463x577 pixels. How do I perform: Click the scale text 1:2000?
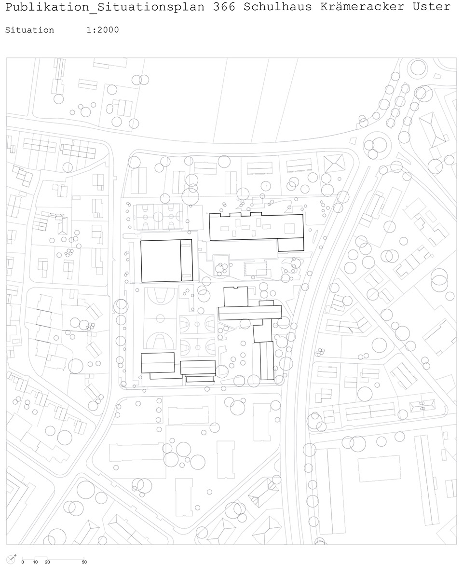point(103,30)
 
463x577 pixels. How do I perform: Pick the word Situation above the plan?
point(29,30)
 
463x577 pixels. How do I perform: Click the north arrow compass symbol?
point(12,560)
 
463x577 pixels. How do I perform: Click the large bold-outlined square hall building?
point(161,261)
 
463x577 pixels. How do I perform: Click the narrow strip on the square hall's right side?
point(187,261)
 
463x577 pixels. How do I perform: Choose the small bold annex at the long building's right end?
point(291,244)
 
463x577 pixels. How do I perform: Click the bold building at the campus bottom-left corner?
point(158,362)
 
